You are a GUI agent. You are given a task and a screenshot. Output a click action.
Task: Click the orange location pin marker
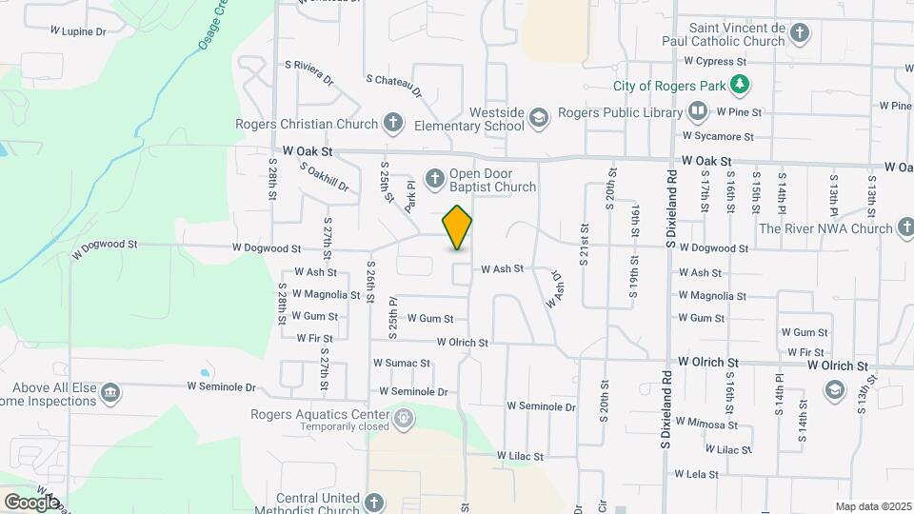click(x=458, y=227)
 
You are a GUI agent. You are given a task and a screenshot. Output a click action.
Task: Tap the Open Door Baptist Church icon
click(x=434, y=178)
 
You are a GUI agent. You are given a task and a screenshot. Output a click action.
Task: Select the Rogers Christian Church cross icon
click(x=392, y=123)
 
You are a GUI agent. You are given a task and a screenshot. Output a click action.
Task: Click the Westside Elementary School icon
click(x=539, y=117)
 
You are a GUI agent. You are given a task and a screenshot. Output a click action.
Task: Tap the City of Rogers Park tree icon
click(x=739, y=86)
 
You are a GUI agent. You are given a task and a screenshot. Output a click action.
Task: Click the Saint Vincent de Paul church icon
click(x=800, y=34)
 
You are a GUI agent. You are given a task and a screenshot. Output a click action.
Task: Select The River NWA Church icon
click(x=906, y=227)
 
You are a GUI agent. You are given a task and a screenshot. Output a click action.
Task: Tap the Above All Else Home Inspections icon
click(x=110, y=392)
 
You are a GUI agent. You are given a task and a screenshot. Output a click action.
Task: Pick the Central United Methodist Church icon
click(x=374, y=502)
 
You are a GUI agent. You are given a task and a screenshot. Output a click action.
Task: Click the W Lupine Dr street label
click(x=78, y=31)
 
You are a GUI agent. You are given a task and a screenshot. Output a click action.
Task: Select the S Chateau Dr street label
click(x=393, y=87)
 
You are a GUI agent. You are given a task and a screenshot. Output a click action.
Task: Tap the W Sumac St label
click(x=402, y=363)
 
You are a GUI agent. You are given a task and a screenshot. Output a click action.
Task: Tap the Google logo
click(x=31, y=502)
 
